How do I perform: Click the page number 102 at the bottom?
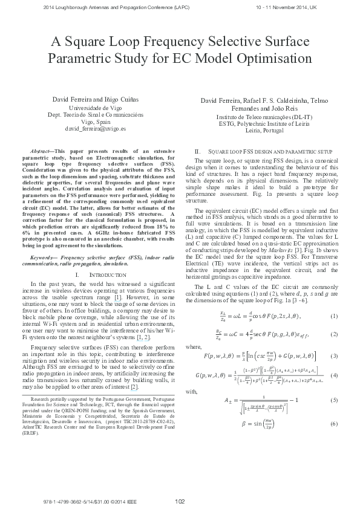point(180,501)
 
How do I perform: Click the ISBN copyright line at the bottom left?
point(70,501)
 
